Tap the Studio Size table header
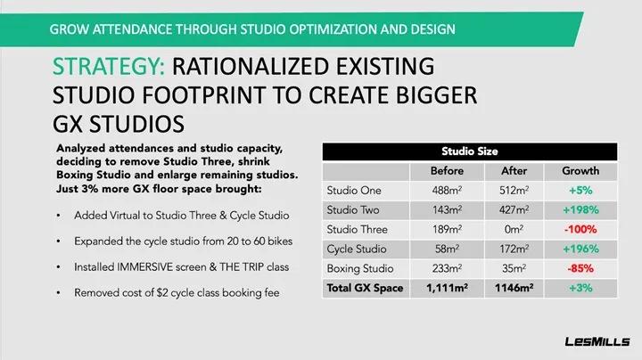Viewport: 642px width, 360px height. click(470, 151)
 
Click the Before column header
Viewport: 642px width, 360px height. click(447, 170)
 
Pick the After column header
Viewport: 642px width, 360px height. click(514, 170)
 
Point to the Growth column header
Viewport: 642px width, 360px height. click(580, 170)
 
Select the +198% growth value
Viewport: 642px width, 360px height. click(580, 210)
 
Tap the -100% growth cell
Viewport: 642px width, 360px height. click(580, 230)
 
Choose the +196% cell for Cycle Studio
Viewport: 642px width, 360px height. click(580, 250)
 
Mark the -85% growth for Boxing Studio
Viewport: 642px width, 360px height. click(580, 269)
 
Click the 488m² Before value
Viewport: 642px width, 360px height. click(447, 190)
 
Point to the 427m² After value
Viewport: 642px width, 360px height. click(514, 210)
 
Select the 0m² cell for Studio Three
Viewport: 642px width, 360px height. click(514, 230)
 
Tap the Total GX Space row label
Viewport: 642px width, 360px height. click(366, 288)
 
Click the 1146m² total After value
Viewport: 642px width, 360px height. click(514, 288)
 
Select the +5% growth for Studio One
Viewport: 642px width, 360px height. click(580, 190)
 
